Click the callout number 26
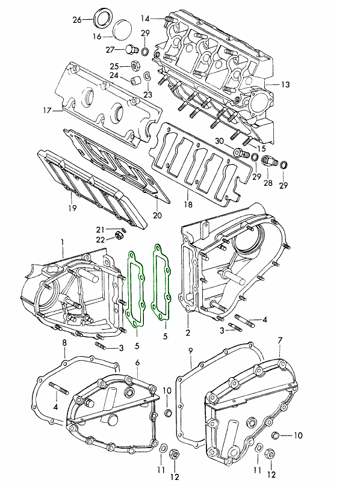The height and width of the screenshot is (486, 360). [x=77, y=20]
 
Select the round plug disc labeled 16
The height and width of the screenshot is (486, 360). [x=122, y=29]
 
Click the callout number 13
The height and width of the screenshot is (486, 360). [x=285, y=84]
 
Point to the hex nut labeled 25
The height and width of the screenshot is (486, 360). [x=135, y=66]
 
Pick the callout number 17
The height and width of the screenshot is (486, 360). [x=47, y=110]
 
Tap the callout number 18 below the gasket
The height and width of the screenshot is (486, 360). [x=188, y=205]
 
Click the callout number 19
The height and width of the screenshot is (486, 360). [x=72, y=208]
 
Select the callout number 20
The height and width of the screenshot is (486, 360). [x=157, y=215]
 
